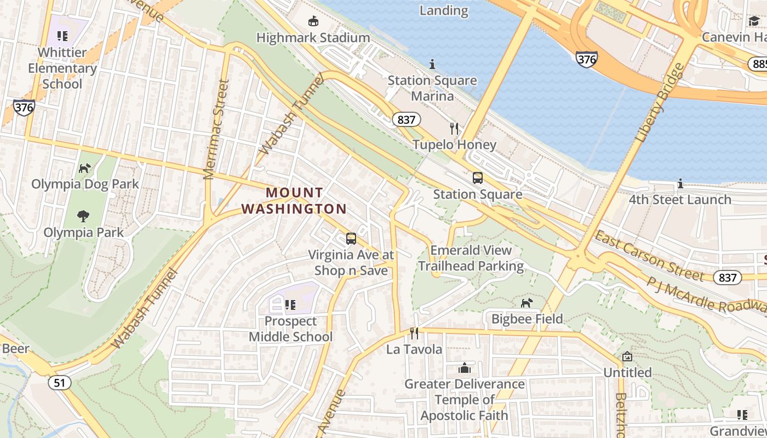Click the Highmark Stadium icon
[x=313, y=21]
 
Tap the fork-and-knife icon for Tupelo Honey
[x=454, y=129]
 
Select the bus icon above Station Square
[x=478, y=178]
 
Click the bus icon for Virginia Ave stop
[x=351, y=239]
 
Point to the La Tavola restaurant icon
[x=414, y=333]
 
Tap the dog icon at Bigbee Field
[x=526, y=303]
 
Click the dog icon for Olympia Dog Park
[x=85, y=168]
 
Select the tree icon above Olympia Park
[x=83, y=216]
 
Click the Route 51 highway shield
[x=59, y=382]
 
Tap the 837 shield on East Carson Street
[x=728, y=278]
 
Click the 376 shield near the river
[x=586, y=59]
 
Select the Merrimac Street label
[x=215, y=130]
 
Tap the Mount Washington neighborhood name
[x=294, y=201]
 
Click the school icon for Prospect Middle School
[x=290, y=305]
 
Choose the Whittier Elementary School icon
[x=62, y=36]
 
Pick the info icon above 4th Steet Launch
[x=680, y=183]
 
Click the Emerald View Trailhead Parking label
[x=471, y=258]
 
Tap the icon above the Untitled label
[x=627, y=357]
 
